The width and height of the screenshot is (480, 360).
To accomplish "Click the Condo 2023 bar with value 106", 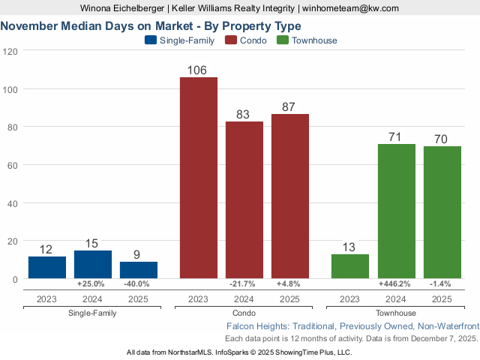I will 198,178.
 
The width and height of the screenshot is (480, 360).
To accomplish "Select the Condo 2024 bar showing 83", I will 244,199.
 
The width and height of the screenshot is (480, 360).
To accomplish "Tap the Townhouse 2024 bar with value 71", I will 396,211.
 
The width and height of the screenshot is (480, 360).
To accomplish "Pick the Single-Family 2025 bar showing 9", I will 139,270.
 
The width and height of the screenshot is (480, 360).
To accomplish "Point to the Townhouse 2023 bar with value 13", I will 350,266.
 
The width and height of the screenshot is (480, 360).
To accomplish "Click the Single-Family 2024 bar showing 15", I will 92,265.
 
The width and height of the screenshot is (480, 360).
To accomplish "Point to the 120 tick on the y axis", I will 10,51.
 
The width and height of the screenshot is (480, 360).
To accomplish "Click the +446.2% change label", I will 396,284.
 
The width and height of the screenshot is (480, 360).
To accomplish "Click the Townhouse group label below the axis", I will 396,312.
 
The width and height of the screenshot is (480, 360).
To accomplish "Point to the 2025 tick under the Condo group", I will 290,299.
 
